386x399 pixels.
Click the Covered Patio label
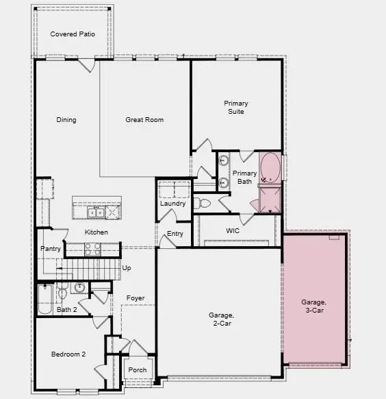click(x=73, y=34)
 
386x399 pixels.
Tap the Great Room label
click(x=144, y=120)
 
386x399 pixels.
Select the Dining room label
click(x=66, y=120)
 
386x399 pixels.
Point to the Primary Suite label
click(x=236, y=108)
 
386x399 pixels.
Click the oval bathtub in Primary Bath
click(x=270, y=168)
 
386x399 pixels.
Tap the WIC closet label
click(x=233, y=231)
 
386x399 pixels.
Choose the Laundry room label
click(x=173, y=204)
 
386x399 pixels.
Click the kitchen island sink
click(x=98, y=213)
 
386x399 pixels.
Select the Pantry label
click(x=51, y=249)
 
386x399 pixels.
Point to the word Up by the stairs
click(x=127, y=268)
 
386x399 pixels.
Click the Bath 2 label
click(x=66, y=311)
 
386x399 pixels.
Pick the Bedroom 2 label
click(x=68, y=354)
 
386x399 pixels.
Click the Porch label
click(x=137, y=370)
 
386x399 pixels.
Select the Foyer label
click(x=136, y=298)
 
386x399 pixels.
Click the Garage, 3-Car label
click(x=315, y=306)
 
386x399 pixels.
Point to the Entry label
click(x=175, y=234)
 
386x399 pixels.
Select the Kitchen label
click(x=96, y=232)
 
